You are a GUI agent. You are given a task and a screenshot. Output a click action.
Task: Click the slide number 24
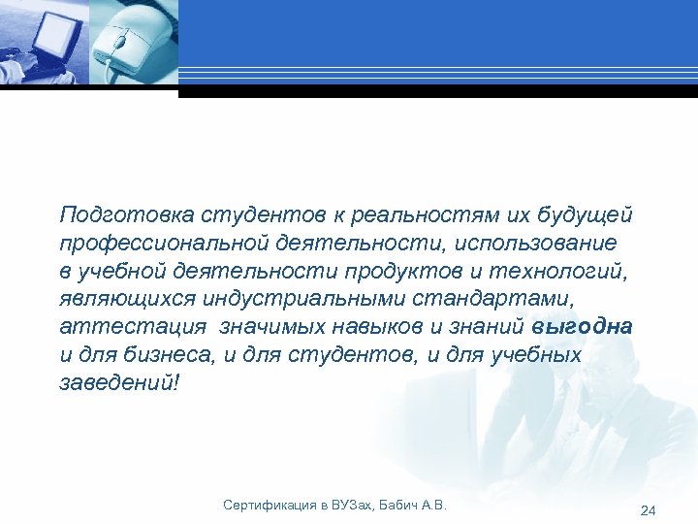point(649,510)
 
